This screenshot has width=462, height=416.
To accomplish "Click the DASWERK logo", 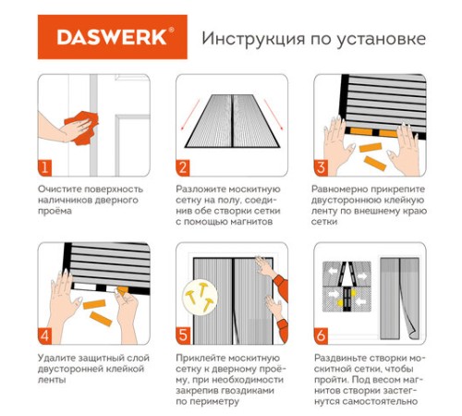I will (110, 39).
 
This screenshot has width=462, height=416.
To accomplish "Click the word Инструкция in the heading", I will (248, 40).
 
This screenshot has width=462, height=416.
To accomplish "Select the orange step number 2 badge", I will (184, 167).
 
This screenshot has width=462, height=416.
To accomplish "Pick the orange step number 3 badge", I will (322, 167).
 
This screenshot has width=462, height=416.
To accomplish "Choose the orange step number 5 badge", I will (184, 335).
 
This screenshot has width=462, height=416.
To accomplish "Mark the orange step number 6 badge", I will (322, 335).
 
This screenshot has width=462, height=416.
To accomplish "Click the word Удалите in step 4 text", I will (57, 356).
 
